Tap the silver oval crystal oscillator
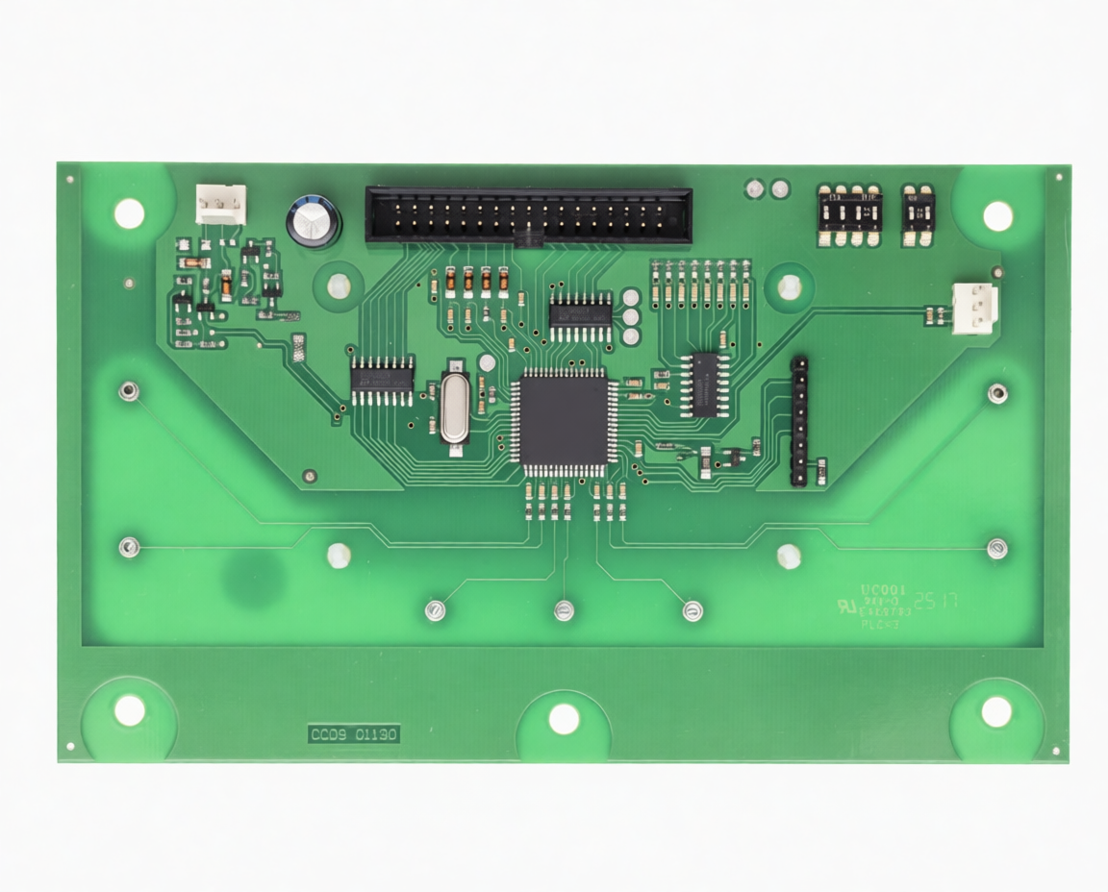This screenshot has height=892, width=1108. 454,407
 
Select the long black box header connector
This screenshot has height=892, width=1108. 528,215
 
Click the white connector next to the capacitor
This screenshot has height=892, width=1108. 220,204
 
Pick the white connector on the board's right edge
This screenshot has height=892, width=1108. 973,308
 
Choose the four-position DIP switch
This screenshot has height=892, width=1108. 848,215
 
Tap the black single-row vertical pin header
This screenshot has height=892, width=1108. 798,421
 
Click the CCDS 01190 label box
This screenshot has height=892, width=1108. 353,734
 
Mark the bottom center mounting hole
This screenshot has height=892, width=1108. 564,718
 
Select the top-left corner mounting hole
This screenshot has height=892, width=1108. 129,213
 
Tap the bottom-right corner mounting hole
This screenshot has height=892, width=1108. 996,711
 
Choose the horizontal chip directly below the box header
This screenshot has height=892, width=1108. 580,316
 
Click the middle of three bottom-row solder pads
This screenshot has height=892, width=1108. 565,608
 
